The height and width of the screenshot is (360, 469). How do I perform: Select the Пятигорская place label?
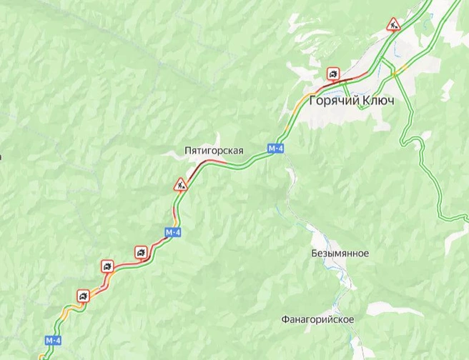214,151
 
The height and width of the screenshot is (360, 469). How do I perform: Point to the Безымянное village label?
340,254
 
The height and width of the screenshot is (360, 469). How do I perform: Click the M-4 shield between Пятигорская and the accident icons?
172,233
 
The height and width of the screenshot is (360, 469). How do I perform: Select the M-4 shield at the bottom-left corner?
53,340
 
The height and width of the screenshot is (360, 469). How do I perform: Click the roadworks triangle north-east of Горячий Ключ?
394,25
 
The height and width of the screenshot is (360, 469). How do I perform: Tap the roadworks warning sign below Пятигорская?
180,185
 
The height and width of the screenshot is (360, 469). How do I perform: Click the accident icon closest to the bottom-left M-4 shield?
84,295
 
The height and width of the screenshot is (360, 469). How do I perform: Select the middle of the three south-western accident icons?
107,267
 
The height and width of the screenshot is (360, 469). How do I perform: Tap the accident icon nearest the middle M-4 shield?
142,252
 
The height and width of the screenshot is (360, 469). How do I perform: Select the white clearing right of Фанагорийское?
393,310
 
